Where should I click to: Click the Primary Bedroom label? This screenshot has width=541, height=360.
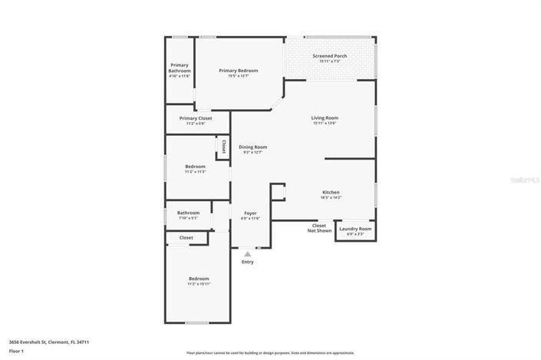click(238, 71)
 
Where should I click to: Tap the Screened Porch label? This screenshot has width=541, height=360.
click(329, 56)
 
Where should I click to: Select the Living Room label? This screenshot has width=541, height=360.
click(325, 118)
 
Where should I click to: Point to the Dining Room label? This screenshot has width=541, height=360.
click(252, 147)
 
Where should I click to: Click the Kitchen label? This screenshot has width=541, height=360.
click(331, 192)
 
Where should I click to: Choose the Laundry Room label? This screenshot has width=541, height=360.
click(355, 229)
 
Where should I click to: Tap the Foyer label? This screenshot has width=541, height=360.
click(250, 213)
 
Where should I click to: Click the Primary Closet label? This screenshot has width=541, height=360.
click(196, 118)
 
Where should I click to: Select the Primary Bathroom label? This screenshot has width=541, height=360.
click(180, 68)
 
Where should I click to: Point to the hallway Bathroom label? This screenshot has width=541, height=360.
click(188, 213)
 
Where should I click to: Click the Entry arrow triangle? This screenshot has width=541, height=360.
click(247, 253)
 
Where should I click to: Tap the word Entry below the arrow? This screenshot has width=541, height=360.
click(247, 262)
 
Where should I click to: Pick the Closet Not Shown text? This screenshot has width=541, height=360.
click(319, 228)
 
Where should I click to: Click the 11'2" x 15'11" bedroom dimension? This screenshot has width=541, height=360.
click(199, 284)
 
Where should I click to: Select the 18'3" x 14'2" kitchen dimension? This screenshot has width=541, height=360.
click(331, 197)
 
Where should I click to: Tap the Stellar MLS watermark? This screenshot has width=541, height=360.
click(526, 180)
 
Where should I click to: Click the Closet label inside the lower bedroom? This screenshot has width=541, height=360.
click(186, 238)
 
